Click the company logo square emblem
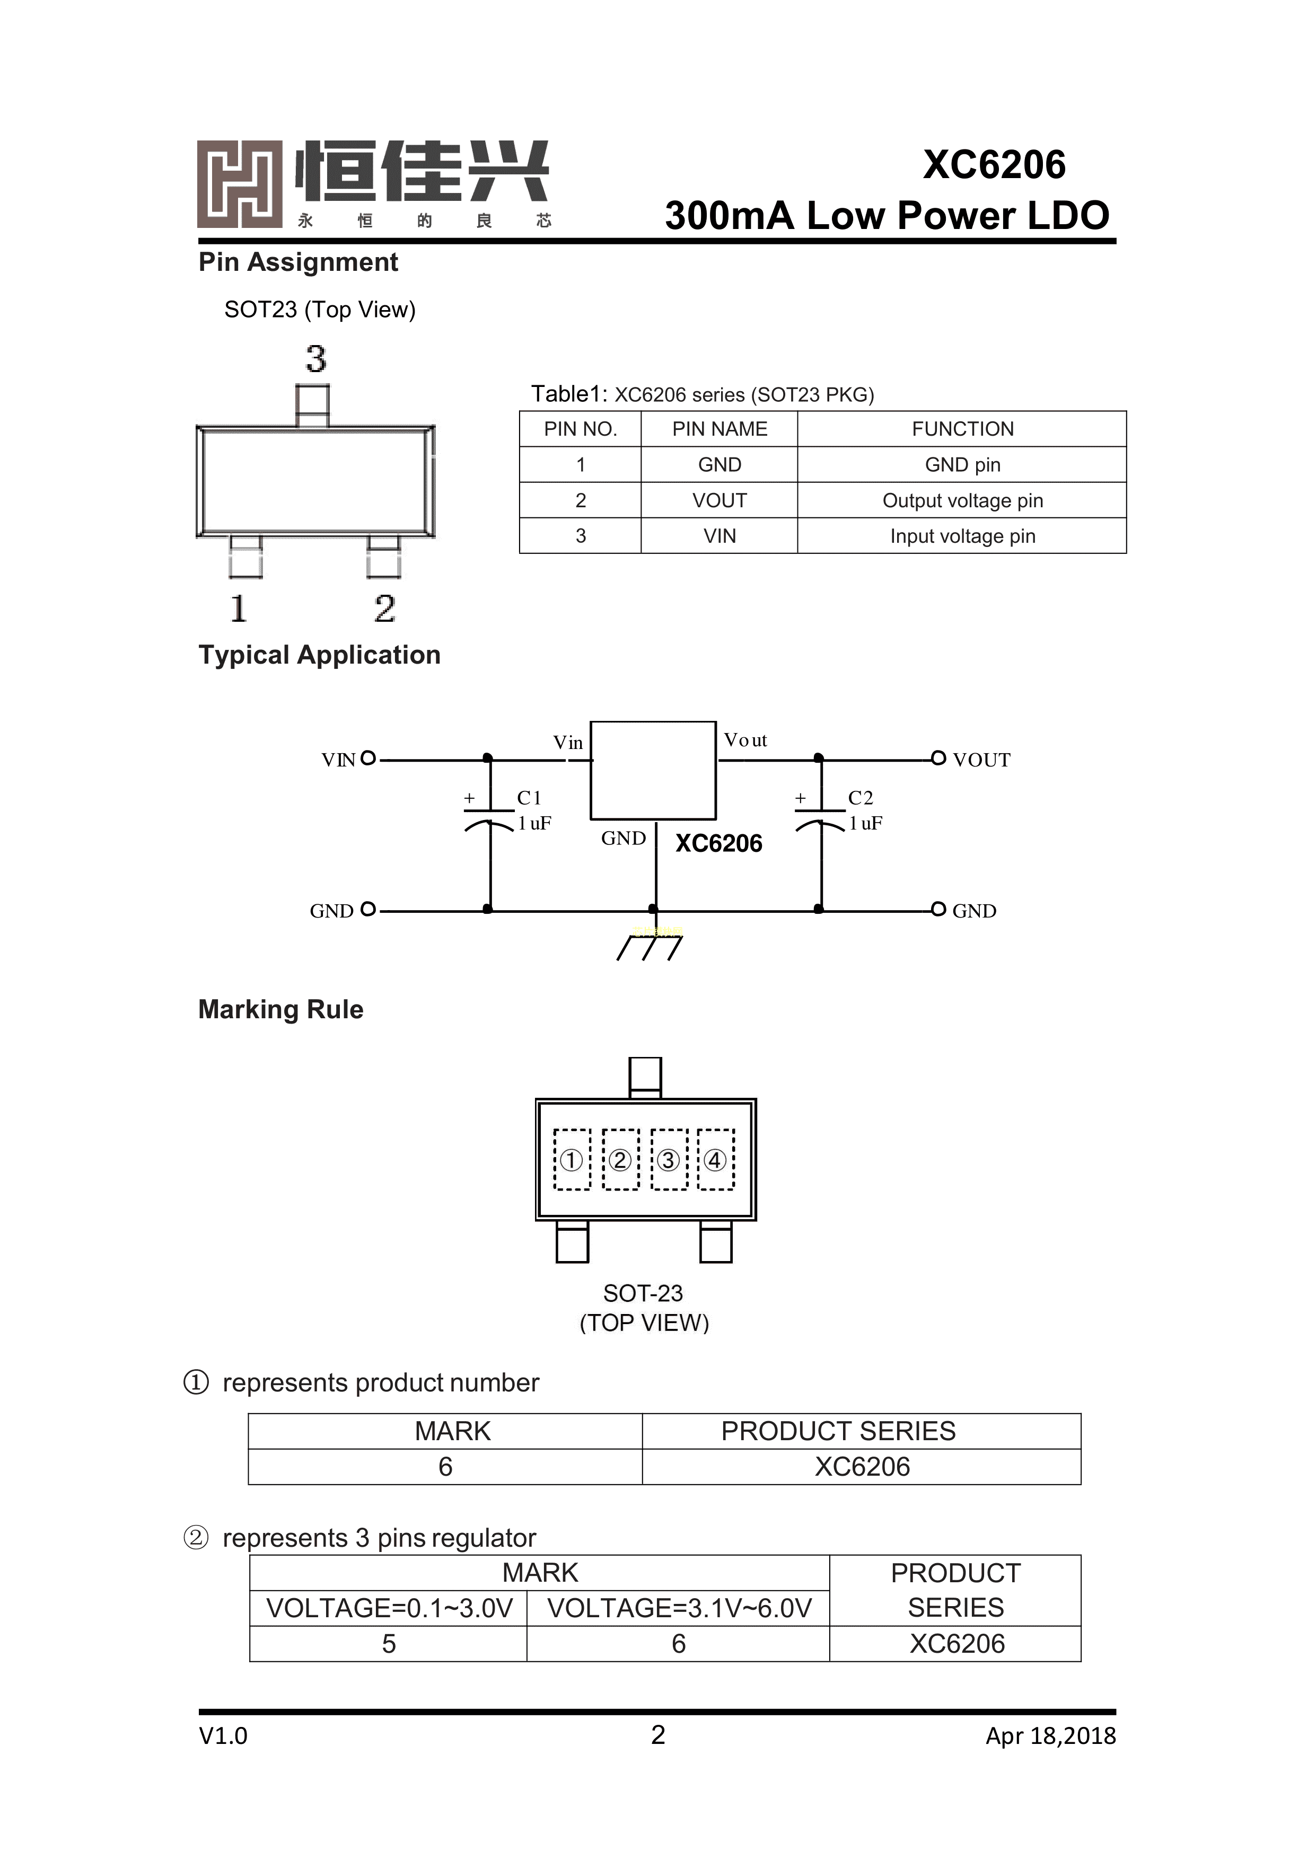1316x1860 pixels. point(240,184)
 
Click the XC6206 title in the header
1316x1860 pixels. point(994,165)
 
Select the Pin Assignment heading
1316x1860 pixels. point(298,262)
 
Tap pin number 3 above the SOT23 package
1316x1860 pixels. point(316,359)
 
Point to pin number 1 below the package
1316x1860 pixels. point(238,609)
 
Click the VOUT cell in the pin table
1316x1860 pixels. point(719,500)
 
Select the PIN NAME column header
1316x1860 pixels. point(719,429)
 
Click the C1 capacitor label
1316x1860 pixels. point(529,798)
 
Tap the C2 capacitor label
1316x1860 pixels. point(861,798)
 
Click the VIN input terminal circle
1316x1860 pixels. point(368,758)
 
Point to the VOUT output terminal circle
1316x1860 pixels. point(938,758)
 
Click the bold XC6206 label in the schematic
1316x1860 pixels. point(719,843)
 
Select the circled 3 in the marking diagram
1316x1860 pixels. point(669,1160)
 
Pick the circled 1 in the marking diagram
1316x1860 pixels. point(571,1160)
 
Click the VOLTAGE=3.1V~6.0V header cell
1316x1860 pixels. point(679,1608)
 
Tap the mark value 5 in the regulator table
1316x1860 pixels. point(389,1644)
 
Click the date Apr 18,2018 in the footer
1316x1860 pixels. point(1050,1735)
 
